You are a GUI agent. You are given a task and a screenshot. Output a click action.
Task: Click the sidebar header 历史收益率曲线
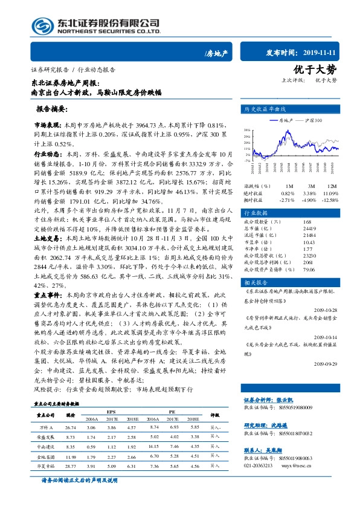(x=264, y=109)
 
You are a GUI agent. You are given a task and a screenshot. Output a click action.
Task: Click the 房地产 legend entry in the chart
(x=281, y=120)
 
